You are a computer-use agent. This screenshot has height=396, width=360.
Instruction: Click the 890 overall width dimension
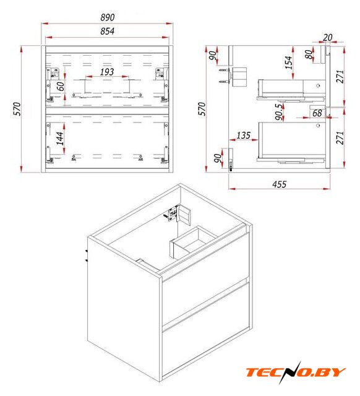click(107, 17)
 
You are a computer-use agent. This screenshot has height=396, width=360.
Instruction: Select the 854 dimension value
click(107, 31)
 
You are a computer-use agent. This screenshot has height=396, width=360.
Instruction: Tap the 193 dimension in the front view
click(107, 72)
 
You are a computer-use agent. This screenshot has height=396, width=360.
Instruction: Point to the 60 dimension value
click(61, 87)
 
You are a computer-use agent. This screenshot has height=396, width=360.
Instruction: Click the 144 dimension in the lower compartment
click(60, 139)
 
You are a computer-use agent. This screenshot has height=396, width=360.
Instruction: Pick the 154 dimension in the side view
click(288, 62)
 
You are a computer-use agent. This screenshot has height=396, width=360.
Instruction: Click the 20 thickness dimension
click(327, 37)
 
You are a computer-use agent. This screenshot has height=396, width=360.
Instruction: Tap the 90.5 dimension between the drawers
click(279, 111)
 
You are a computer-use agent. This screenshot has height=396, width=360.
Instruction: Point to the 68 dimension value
click(317, 113)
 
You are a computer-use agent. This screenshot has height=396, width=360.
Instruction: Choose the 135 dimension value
click(243, 136)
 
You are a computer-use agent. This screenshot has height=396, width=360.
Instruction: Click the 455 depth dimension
click(279, 184)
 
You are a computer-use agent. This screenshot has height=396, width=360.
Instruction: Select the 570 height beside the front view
click(17, 109)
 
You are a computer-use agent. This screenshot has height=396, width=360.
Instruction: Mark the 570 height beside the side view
click(202, 109)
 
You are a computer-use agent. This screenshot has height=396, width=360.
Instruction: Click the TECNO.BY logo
click(296, 372)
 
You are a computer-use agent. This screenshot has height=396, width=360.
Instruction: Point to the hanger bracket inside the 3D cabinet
click(178, 214)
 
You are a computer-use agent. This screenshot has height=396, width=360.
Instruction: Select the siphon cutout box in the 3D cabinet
click(192, 243)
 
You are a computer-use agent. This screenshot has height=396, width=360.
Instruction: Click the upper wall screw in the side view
click(224, 70)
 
